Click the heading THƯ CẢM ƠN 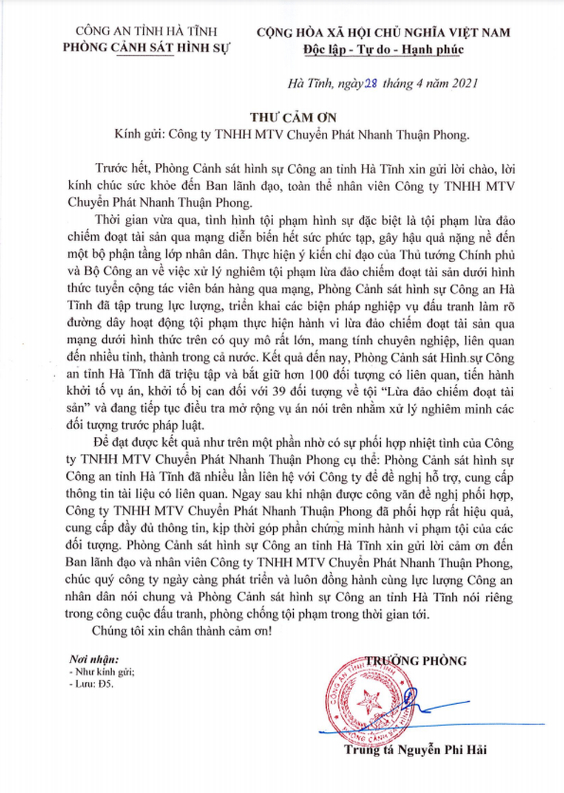coord(293,117)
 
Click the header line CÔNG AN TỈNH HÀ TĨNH coord(146,31)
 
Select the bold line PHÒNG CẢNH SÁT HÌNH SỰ coord(146,48)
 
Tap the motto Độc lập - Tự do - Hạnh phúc coord(383,49)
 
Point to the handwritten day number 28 coord(371,83)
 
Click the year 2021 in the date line coord(465,83)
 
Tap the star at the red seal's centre coord(370,701)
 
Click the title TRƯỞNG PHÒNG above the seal coord(416,661)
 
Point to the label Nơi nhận coord(94,660)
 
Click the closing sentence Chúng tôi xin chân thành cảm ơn coord(182,631)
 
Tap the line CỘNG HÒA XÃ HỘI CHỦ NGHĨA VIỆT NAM coord(383,33)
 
